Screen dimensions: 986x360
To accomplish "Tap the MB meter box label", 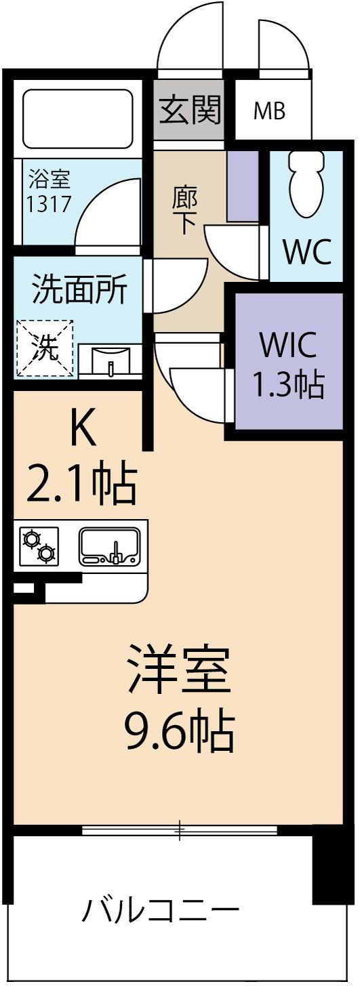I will tap(269, 110).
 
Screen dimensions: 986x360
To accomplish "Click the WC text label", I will tap(306, 253).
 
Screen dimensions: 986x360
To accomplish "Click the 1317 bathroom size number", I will tap(48, 203).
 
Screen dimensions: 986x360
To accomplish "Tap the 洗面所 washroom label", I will tap(79, 291).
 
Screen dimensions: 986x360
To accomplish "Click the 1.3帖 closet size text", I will tap(287, 384).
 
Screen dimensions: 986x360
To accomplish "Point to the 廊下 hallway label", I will tap(184, 210).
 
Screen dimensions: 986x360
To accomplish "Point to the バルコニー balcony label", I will tap(161, 909).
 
